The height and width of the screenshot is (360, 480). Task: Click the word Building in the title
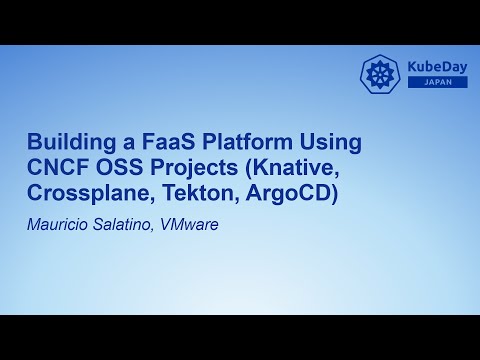click(66, 142)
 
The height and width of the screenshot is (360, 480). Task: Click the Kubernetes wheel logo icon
click(380, 74)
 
